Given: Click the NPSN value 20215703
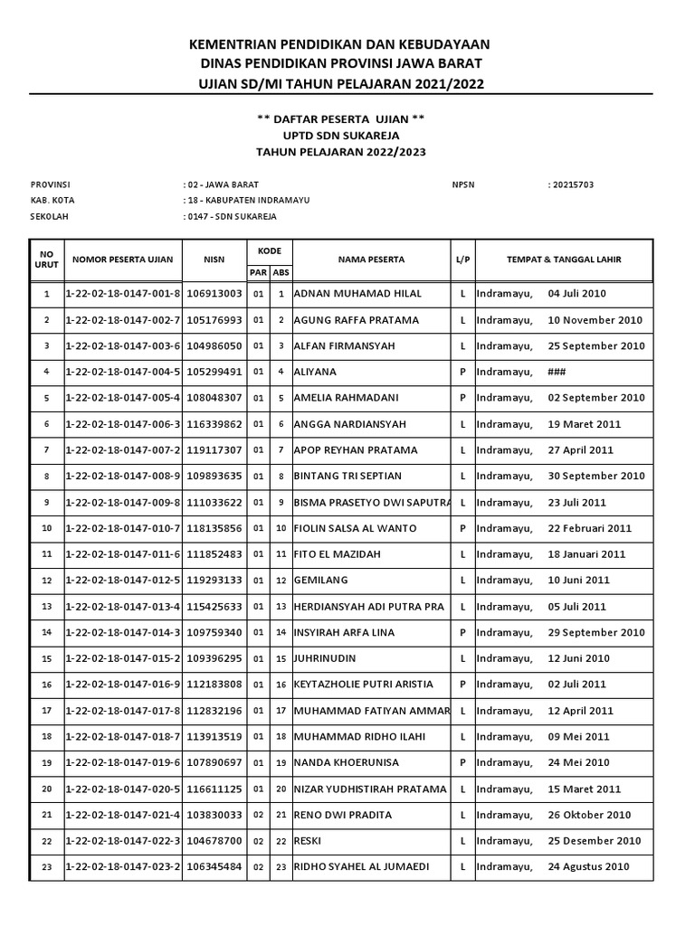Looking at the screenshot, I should (x=571, y=184).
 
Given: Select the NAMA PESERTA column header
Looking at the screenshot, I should (x=371, y=260).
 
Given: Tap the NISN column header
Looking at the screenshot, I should (x=214, y=260).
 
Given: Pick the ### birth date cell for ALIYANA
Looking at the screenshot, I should (x=556, y=372).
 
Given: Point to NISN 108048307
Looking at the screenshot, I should (x=214, y=398).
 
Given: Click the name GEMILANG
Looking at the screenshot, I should (x=321, y=581).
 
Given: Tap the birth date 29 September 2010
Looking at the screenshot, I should (x=596, y=633).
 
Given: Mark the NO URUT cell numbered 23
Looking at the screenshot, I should (x=47, y=867).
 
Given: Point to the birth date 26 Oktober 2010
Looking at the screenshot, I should (x=589, y=815).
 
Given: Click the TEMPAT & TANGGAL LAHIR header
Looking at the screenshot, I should (x=564, y=260).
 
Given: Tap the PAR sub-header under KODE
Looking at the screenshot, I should (x=257, y=272).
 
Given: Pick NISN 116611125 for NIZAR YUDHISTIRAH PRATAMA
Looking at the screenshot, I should (x=214, y=789).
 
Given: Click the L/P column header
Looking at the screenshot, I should (x=462, y=260).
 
